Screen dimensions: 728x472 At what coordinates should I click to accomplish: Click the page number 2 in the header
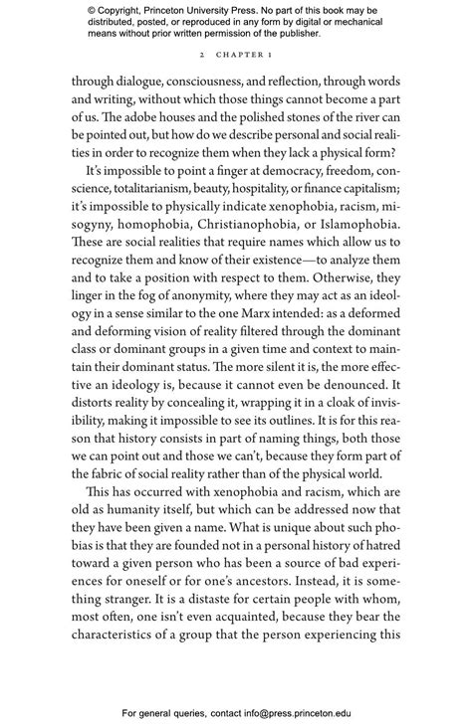pyautogui.click(x=201, y=56)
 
